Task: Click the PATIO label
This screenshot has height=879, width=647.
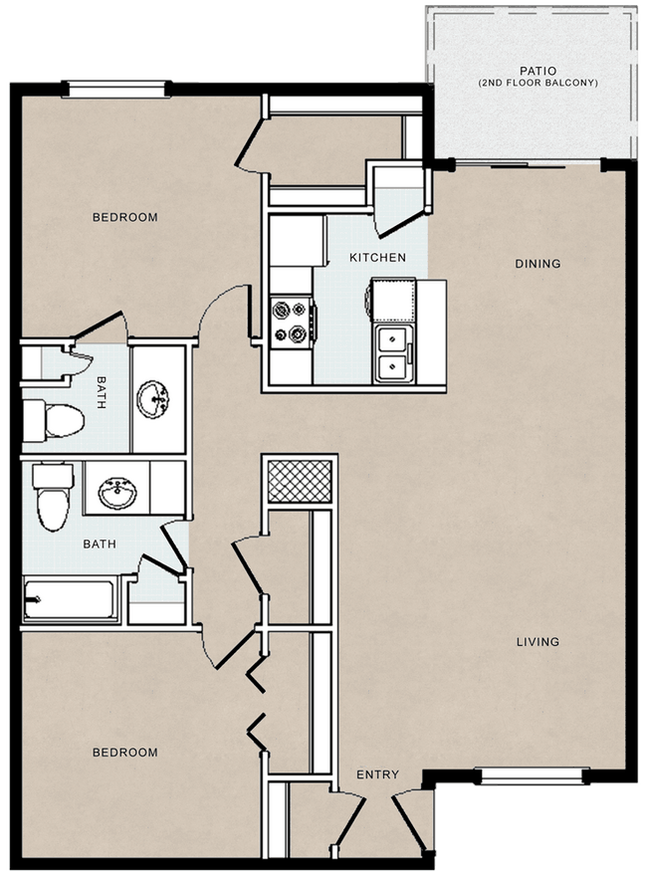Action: (538, 71)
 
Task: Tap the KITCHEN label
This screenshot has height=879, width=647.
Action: (377, 257)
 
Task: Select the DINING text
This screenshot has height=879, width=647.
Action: (538, 264)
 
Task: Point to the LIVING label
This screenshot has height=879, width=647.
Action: (538, 641)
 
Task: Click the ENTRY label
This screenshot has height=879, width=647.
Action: (378, 774)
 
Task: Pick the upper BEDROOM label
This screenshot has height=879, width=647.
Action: (125, 217)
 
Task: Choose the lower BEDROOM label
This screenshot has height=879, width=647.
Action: (125, 753)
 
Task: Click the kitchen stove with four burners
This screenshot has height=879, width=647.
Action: (291, 322)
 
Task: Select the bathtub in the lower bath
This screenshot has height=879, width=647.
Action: (71, 600)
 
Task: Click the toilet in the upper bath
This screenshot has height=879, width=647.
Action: (54, 420)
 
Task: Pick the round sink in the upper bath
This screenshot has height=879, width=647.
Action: (153, 399)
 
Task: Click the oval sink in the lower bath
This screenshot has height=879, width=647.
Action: (117, 493)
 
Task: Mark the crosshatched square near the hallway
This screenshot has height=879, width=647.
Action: (300, 482)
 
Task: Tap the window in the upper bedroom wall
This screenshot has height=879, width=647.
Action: (116, 90)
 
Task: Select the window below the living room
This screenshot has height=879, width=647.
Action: (532, 775)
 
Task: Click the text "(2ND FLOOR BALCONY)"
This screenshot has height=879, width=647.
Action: (539, 83)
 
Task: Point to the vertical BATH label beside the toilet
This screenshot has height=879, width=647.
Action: (102, 392)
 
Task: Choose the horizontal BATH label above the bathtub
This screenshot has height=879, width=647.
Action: (100, 544)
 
